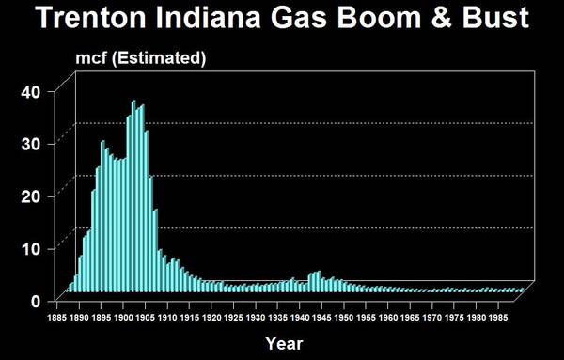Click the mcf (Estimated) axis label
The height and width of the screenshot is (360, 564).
click(140, 58)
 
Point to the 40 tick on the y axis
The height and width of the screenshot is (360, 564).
click(32, 91)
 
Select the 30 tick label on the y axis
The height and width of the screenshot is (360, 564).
click(32, 144)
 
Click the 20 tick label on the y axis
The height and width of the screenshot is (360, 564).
click(32, 196)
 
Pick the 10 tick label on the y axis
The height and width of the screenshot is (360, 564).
click(32, 249)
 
